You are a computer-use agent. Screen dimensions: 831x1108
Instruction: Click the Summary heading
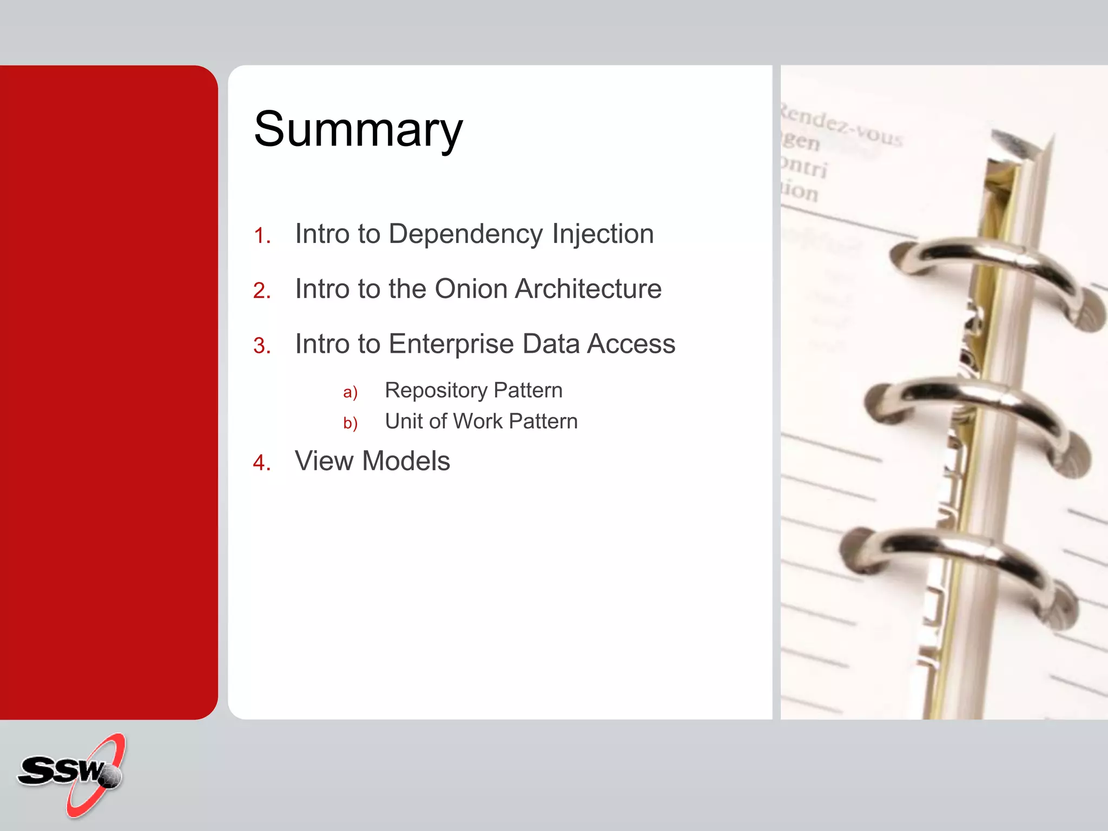(358, 129)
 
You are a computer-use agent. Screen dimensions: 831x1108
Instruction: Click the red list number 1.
(262, 236)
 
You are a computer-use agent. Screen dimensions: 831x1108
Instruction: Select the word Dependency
(465, 234)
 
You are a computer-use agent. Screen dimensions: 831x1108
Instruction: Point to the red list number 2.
(262, 291)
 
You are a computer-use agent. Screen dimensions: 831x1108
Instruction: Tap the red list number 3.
(262, 346)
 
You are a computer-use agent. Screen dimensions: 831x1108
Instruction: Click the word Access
(631, 344)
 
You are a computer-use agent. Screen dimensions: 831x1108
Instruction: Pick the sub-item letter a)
(350, 392)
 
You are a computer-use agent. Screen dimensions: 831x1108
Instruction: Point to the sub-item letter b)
(350, 423)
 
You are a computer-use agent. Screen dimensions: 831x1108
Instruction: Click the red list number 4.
(262, 463)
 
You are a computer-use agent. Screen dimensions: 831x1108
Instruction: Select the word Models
(406, 461)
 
